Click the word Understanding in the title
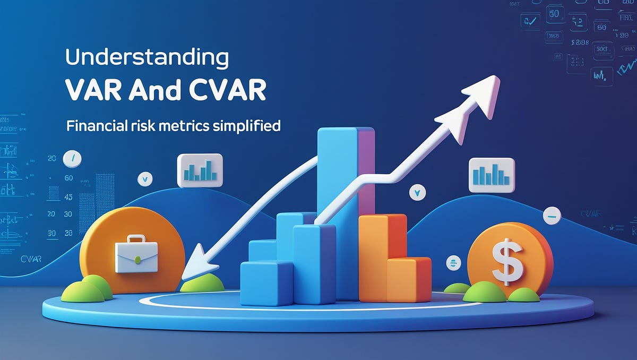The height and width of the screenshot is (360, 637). tap(147, 57)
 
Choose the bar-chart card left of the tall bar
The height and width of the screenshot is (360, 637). tap(200, 170)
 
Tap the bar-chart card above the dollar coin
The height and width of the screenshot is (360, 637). tap(491, 175)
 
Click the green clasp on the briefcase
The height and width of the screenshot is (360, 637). tap(138, 260)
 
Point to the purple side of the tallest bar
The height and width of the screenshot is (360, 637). tap(365, 170)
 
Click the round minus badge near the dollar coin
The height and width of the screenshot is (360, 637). tap(553, 215)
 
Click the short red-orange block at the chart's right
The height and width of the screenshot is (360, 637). tap(409, 279)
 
